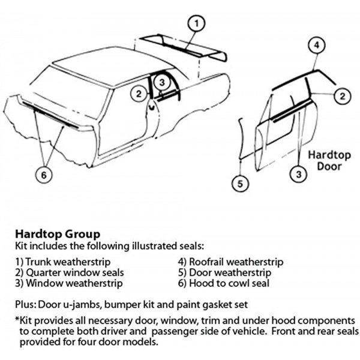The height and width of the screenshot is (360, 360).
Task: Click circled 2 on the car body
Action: [138, 94]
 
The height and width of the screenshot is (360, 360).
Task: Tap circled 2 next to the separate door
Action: [340, 95]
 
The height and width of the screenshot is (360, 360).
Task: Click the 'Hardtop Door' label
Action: [329, 158]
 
